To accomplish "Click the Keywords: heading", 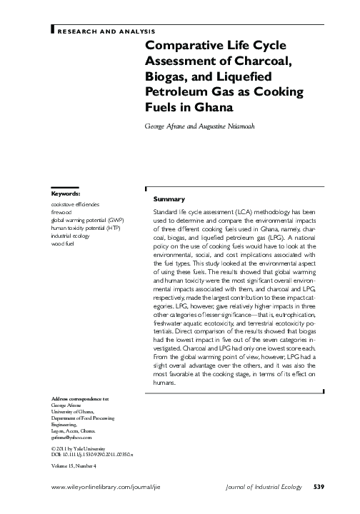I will [66, 193].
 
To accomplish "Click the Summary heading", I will [169, 198].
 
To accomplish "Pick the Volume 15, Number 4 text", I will [74, 465].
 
